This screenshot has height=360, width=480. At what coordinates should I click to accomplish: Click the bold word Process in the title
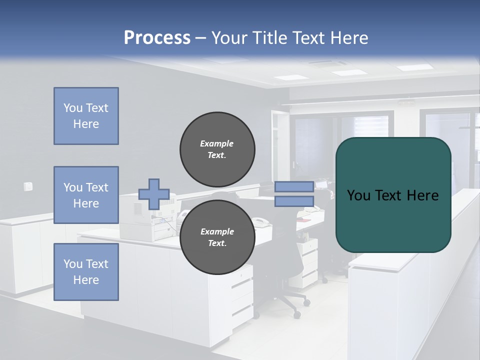tap(157, 38)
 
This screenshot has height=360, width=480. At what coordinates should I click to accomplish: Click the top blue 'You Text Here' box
tap(86, 116)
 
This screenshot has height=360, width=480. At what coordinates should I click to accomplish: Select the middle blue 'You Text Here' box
tap(86, 195)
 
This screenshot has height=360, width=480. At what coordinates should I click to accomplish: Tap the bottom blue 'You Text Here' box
tap(86, 271)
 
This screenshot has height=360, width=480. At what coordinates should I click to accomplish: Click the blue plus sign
tap(153, 194)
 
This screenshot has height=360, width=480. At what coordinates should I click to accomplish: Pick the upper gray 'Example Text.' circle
tap(217, 149)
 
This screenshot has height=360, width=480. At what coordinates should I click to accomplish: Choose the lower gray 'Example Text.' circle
tap(217, 237)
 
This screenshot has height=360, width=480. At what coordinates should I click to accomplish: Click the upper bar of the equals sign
tap(294, 187)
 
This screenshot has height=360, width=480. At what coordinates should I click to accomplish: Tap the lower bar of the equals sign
tap(294, 201)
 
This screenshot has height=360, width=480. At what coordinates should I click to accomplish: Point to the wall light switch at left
tap(28, 186)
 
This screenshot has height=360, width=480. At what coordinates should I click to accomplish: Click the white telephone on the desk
tap(260, 221)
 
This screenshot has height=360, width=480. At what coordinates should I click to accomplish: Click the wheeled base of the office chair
tap(290, 302)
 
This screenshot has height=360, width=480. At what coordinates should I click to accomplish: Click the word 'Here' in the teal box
tap(422, 195)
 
